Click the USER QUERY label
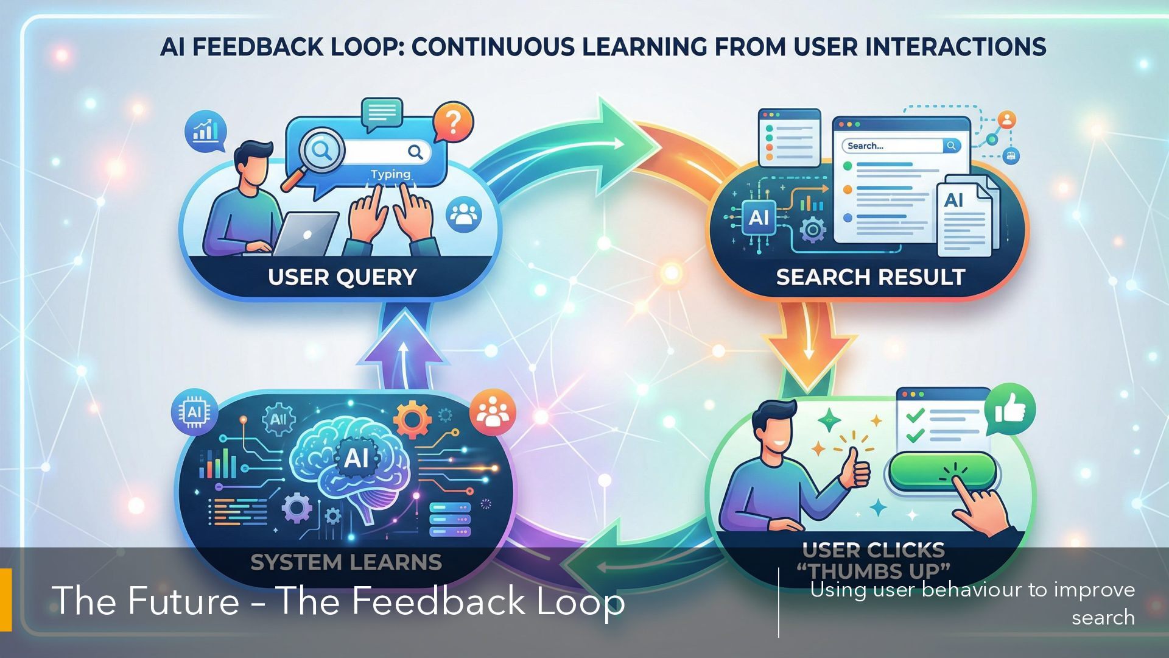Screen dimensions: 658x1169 [x=342, y=277]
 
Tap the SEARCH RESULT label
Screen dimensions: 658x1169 [x=870, y=277]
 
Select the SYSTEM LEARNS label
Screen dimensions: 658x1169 [x=346, y=562]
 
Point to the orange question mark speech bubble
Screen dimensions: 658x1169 [x=453, y=121]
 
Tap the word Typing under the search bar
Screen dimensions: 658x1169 [x=390, y=174]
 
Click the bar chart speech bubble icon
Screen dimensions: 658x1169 [x=206, y=131]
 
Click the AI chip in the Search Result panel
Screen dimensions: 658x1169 [x=759, y=218]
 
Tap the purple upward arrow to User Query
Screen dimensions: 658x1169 [x=402, y=353]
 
